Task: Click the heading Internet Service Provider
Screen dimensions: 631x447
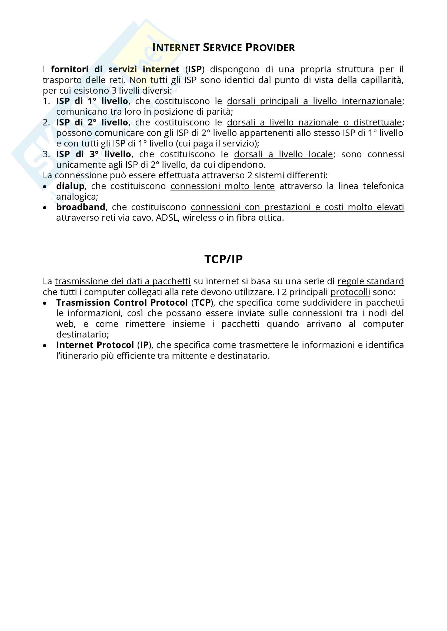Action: [x=223, y=48]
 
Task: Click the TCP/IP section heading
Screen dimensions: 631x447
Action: [x=223, y=259]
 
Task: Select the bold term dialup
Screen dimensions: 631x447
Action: [x=70, y=186]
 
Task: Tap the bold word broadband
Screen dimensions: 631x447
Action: [x=81, y=207]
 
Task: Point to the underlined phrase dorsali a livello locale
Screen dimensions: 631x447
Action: [x=283, y=155]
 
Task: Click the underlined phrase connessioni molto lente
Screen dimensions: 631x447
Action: [x=222, y=186]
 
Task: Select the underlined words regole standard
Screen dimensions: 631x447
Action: [x=371, y=281]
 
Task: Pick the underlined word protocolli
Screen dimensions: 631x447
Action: [x=350, y=292]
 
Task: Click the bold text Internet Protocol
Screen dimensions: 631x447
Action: [x=95, y=345]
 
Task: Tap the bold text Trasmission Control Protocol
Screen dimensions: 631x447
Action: [x=122, y=303]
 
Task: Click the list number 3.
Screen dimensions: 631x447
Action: [x=46, y=155]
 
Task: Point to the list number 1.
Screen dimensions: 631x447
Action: [x=46, y=101]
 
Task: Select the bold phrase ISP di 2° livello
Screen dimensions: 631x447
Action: [x=92, y=122]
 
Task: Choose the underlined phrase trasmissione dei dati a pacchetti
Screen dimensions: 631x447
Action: [x=122, y=281]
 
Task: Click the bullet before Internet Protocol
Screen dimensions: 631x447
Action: [x=45, y=346]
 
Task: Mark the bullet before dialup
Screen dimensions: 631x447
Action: [x=45, y=187]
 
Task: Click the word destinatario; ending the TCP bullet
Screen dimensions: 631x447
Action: [x=83, y=335]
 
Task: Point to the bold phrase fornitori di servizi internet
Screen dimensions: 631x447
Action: [x=115, y=70]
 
